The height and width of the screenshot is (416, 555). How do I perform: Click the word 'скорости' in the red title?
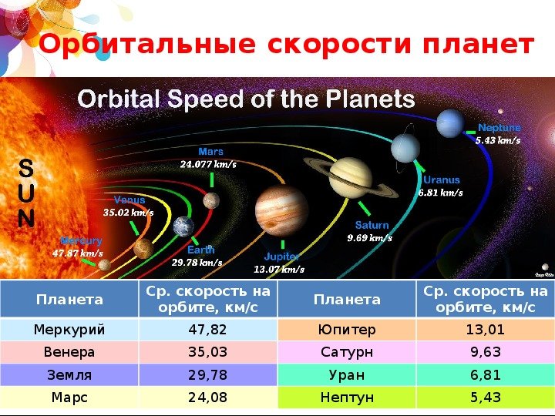coord(339,45)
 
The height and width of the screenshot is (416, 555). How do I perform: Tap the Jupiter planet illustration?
coord(281,211)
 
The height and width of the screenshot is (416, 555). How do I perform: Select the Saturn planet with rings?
coord(351,178)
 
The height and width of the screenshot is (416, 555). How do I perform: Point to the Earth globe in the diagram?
coord(183,226)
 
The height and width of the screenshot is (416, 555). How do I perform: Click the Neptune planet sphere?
coord(450,123)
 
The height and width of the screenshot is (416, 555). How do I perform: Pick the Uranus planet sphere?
coord(405,148)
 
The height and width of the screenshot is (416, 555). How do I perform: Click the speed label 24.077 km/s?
coord(208,164)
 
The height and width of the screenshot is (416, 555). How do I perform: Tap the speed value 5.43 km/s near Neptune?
coord(498,140)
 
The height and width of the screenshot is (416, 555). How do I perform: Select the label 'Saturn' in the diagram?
coord(372,225)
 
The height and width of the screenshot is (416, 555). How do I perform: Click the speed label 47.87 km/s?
coord(78,253)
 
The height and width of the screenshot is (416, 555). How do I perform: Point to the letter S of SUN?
coord(26,168)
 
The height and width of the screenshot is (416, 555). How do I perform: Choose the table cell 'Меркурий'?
coord(69,330)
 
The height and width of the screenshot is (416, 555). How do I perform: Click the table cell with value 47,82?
coord(208,330)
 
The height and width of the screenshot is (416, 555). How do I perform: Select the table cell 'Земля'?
coord(69,374)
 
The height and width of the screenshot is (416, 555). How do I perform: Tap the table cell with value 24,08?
coord(208,398)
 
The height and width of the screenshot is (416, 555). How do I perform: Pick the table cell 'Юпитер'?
coord(347,330)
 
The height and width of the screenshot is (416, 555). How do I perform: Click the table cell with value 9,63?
coord(486,352)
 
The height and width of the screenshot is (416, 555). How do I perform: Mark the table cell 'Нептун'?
coord(347,398)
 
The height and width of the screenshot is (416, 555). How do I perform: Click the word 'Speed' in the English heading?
coord(206,99)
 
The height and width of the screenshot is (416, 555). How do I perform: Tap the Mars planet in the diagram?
coord(211,200)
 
